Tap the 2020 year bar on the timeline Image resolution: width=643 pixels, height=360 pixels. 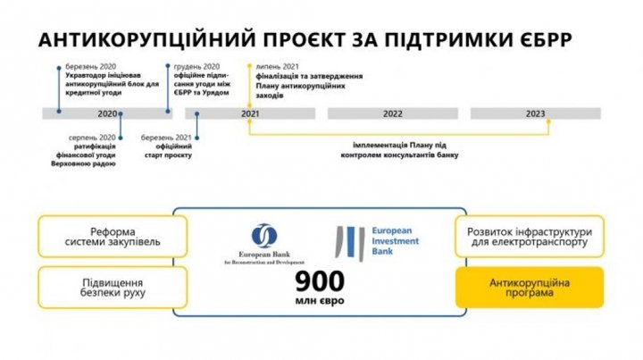point(107,113)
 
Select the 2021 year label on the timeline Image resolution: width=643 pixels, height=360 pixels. point(250,113)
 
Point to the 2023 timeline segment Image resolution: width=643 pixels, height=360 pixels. point(536,113)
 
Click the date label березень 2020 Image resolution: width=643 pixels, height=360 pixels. point(89,67)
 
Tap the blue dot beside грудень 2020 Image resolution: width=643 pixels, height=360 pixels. point(169,66)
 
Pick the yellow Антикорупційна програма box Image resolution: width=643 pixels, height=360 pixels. point(530,288)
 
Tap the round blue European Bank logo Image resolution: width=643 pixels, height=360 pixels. point(264,235)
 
